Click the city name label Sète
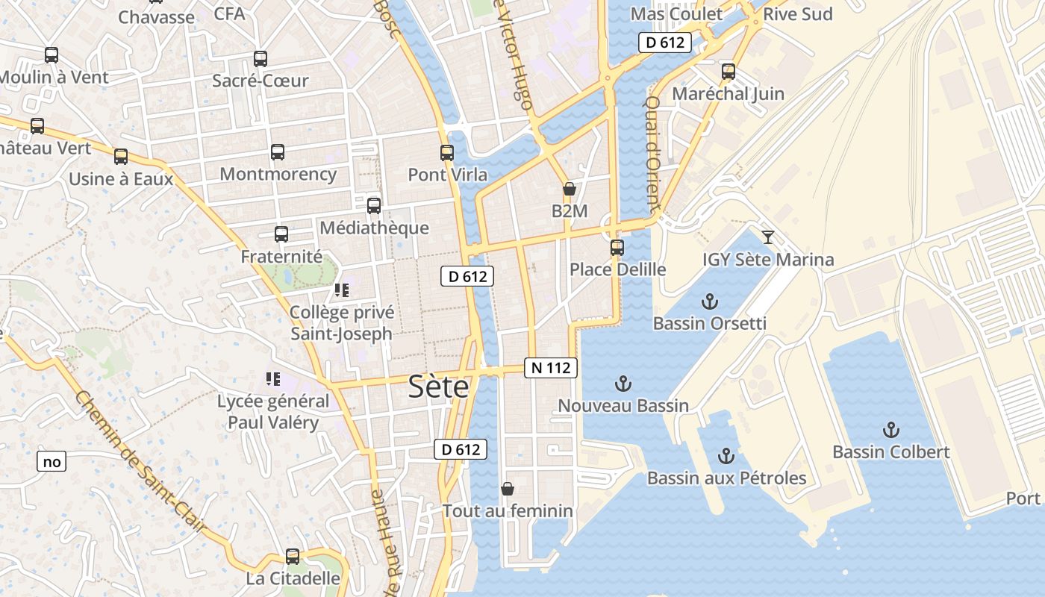coord(439,387)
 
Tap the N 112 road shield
coord(551,367)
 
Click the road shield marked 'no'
coord(52,461)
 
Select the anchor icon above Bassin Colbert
coord(890,430)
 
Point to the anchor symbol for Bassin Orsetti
coord(710,301)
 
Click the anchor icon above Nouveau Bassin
coord(623,384)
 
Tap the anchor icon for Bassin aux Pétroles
coord(726,455)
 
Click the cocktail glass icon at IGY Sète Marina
coord(767,237)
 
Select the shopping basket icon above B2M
coord(569,189)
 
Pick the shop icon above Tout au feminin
coord(508,489)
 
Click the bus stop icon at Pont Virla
coord(447,153)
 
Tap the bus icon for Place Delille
coord(617,247)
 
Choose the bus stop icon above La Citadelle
coord(293,556)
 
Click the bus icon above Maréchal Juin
coord(728,72)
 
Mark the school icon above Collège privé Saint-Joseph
coord(341,290)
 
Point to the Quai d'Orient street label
coord(654,153)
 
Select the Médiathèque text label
coord(374,228)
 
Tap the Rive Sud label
coord(798,13)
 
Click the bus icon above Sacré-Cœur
coord(260,59)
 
